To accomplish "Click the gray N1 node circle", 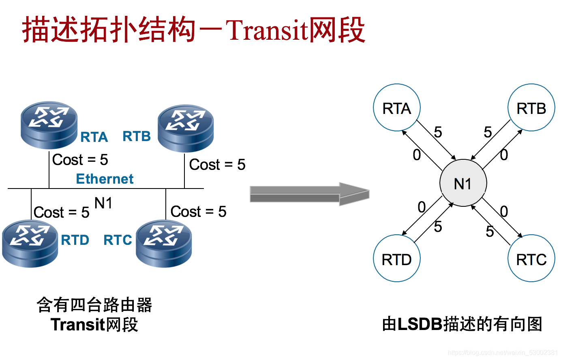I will click(x=463, y=183).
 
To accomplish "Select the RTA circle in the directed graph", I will click(x=396, y=108).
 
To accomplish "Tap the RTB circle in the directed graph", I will click(x=531, y=108).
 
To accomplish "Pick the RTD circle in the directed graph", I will click(x=396, y=258).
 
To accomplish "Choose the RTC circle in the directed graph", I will click(x=531, y=258).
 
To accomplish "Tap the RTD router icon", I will click(x=30, y=243).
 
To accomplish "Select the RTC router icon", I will click(x=164, y=243).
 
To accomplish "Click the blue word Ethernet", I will click(x=105, y=179).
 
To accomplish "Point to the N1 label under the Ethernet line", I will click(x=103, y=203).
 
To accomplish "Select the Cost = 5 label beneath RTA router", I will click(x=80, y=160).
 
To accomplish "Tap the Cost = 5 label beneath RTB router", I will click(x=217, y=165).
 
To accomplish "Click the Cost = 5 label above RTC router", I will click(x=198, y=212).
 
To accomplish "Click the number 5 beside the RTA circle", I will click(x=438, y=132).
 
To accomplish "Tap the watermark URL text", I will click(x=503, y=353).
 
